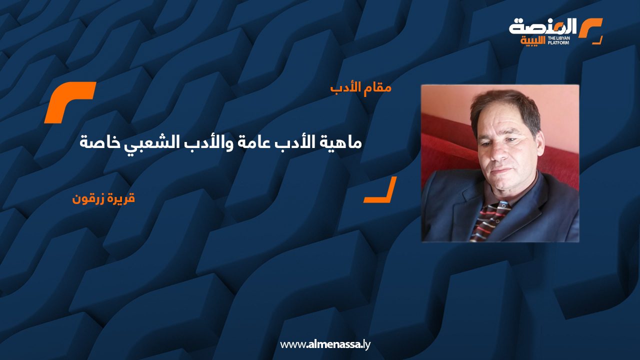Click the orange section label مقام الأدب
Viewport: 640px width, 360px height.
pyautogui.click(x=360, y=88)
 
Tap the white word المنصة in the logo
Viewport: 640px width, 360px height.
pyautogui.click(x=542, y=26)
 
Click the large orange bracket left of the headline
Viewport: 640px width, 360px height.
pyautogui.click(x=69, y=102)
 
